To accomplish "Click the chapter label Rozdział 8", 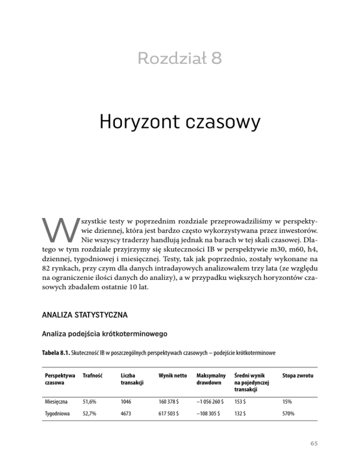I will click(x=180, y=59).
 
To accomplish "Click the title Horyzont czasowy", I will click(x=180, y=123).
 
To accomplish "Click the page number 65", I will click(x=313, y=455).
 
